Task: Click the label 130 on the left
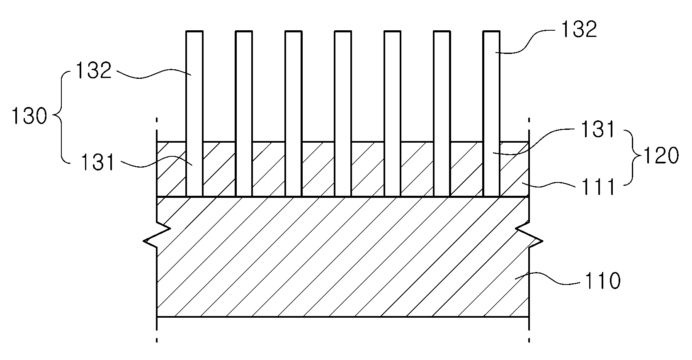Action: pos(29,116)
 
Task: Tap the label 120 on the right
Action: pos(661,155)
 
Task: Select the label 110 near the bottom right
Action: pos(602,281)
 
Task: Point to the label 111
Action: pos(598,187)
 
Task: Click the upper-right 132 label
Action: pos(579,29)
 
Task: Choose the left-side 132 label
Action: pos(93,71)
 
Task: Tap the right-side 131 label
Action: pos(598,129)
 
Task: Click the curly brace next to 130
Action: pos(61,116)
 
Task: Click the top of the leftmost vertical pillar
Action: pos(194,31)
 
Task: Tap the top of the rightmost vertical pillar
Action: pos(491,31)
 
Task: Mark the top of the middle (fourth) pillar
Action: pos(343,31)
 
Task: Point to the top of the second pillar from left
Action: pos(244,31)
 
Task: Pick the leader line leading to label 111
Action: pos(549,185)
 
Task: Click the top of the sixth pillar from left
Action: pos(442,31)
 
